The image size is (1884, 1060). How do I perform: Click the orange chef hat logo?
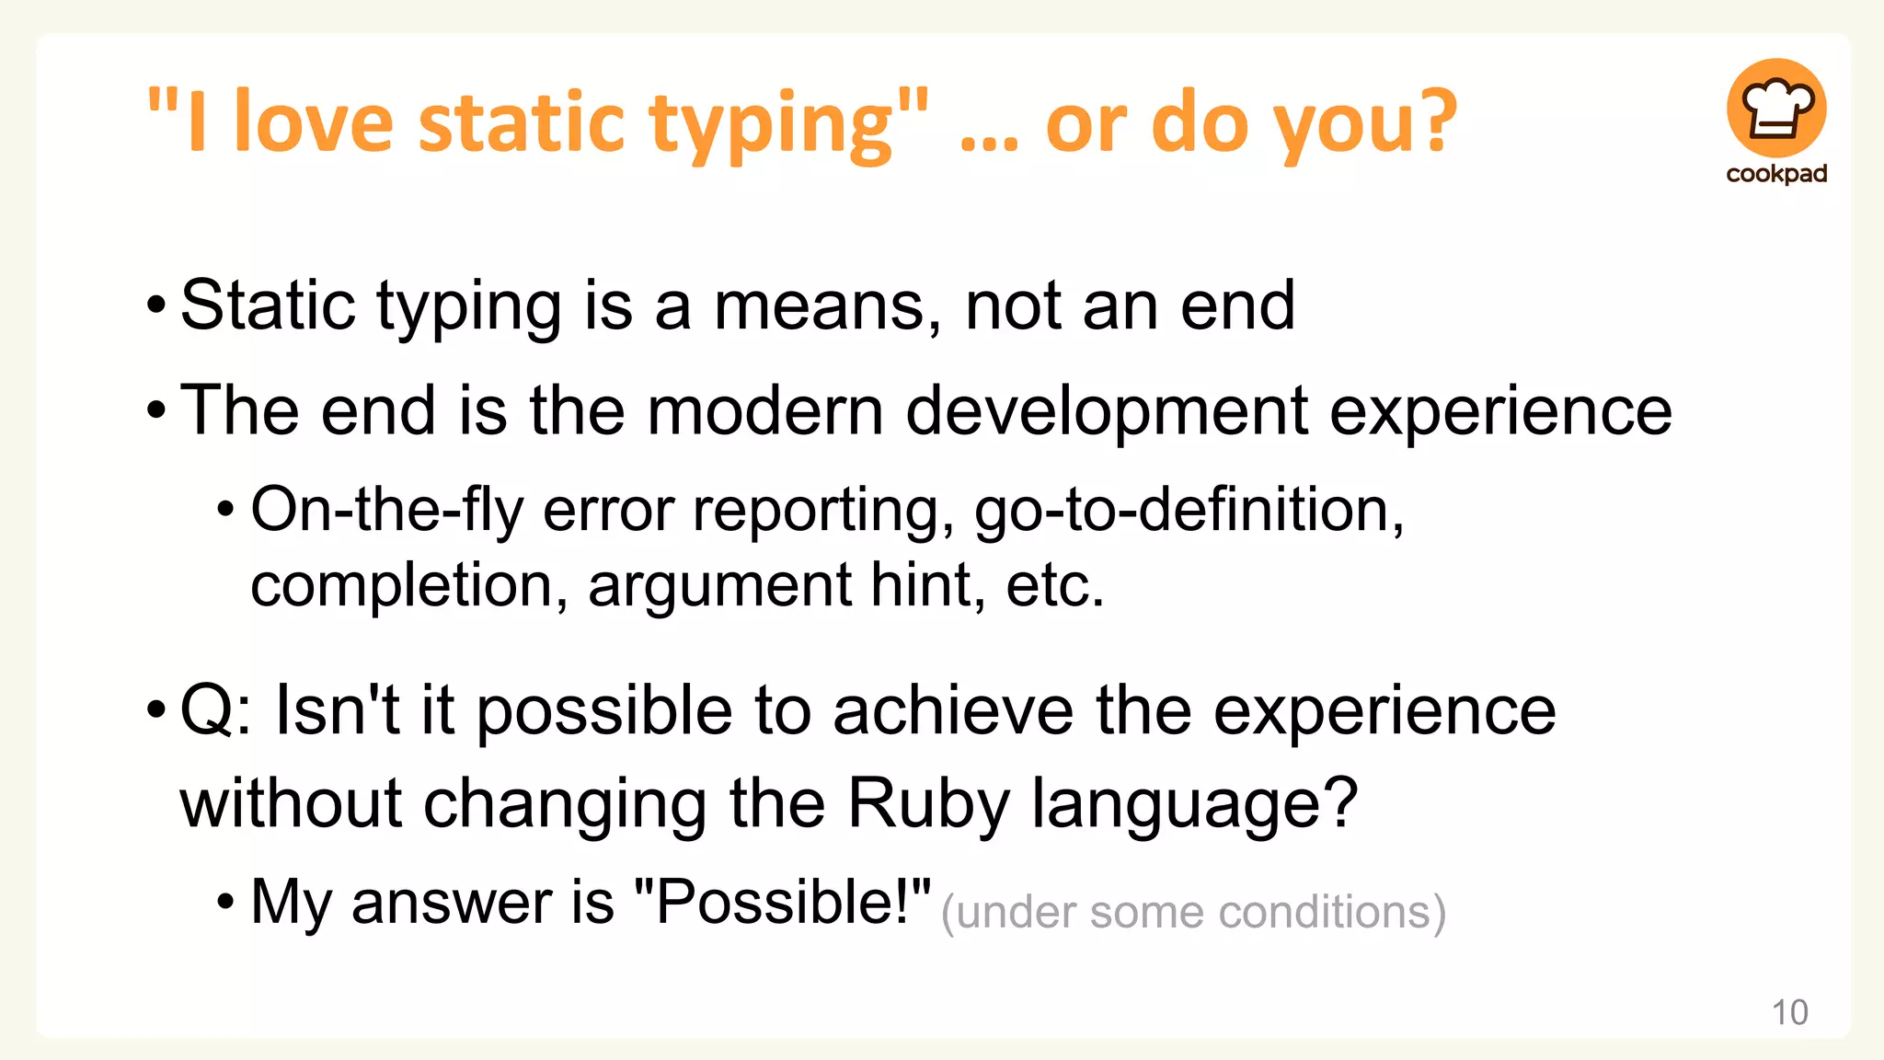1776,108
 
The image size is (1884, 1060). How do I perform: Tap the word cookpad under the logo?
1776,174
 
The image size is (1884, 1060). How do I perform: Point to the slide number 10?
1789,1012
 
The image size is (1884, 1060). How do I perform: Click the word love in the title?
314,122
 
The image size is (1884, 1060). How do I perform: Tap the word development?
1107,410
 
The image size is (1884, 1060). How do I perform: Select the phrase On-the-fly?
386,510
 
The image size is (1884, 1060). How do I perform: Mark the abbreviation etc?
1054,585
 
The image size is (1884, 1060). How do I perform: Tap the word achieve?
952,710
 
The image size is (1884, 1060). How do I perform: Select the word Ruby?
927,803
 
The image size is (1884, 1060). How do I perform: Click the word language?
1194,803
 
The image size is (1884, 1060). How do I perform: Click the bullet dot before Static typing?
156,305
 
